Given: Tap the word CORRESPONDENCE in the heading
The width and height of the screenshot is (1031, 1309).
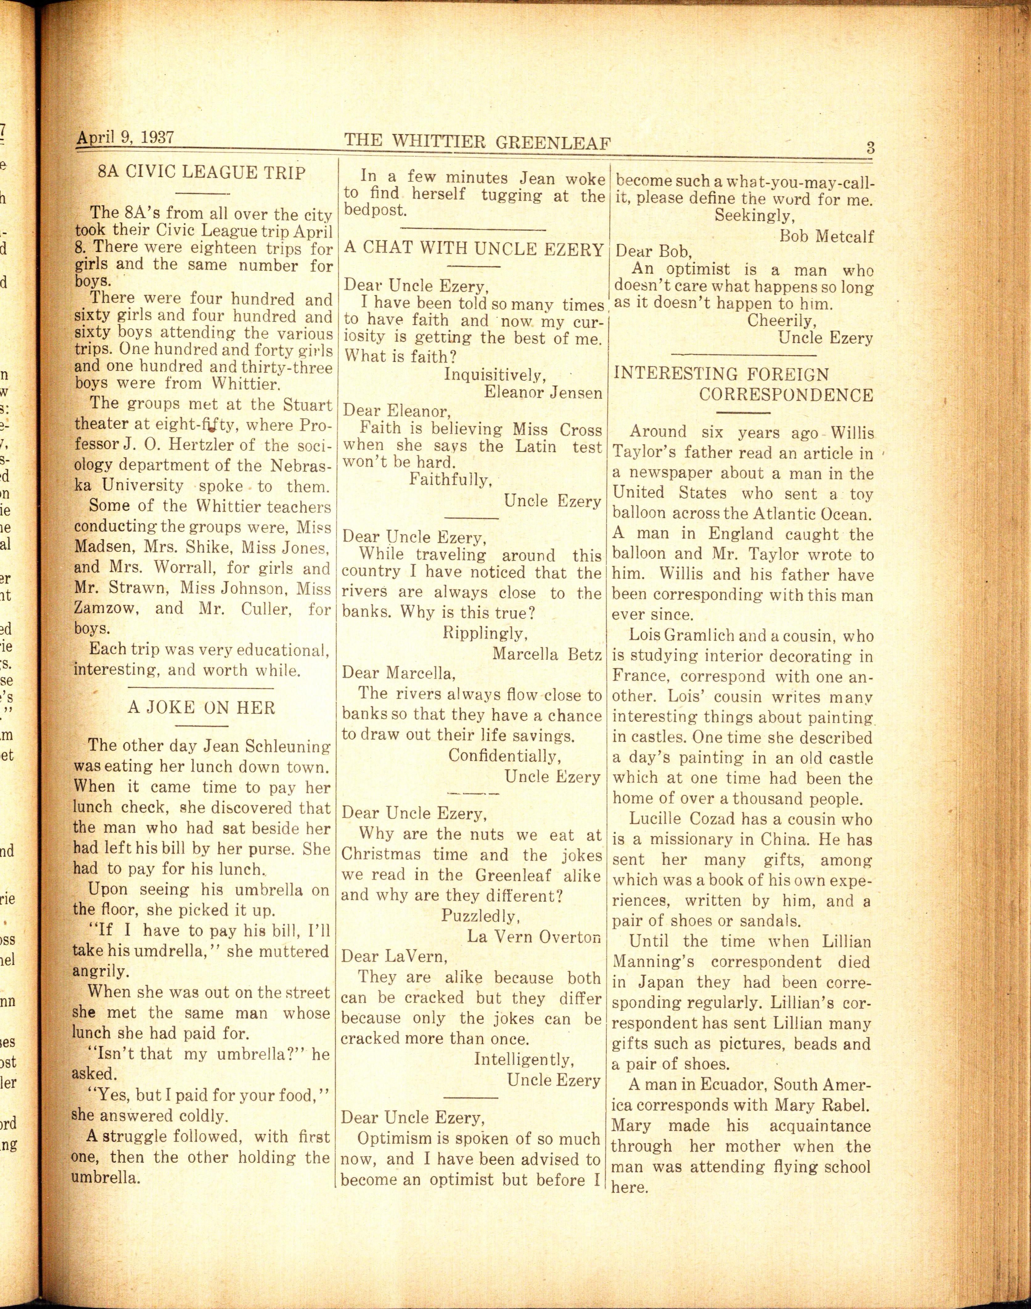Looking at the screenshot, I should [786, 395].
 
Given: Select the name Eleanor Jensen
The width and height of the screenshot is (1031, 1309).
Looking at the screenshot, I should [543, 393].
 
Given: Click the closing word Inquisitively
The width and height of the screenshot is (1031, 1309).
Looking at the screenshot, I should [495, 375].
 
